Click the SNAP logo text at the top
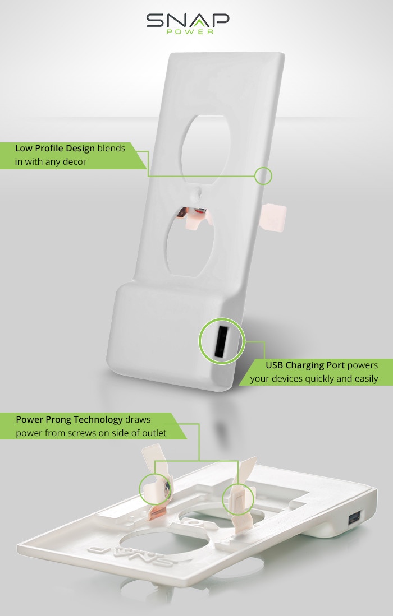[188, 20]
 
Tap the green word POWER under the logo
[190, 31]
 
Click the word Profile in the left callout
[49, 148]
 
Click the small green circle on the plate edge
[263, 175]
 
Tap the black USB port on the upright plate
[221, 341]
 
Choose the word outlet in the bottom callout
[154, 433]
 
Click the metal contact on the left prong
[167, 488]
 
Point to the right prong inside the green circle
[237, 499]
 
